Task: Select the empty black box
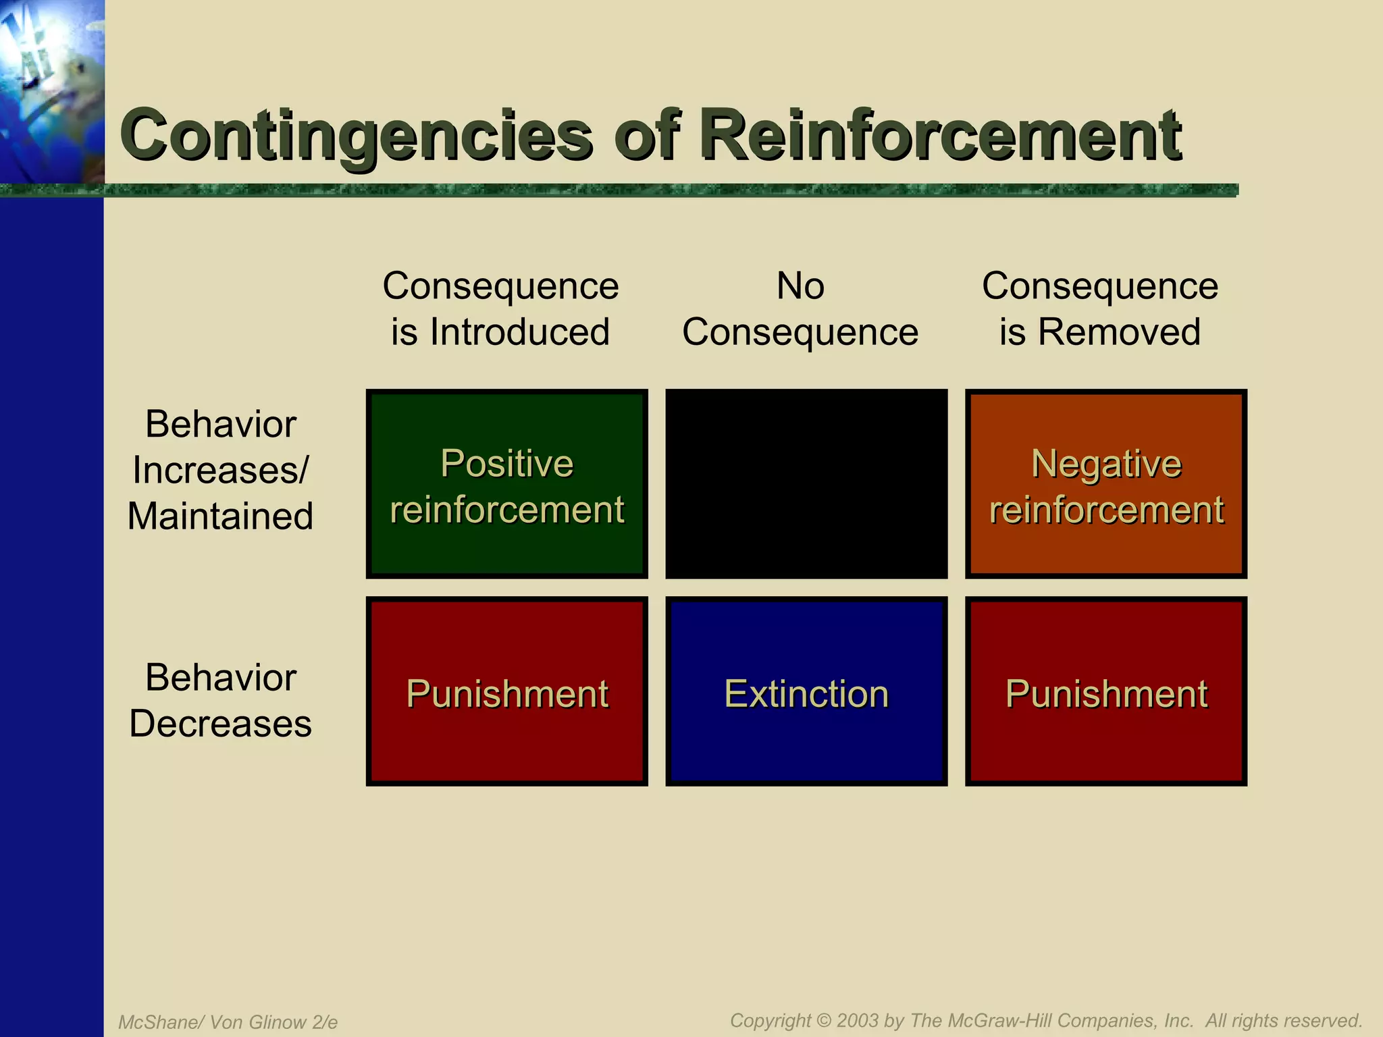[806, 483]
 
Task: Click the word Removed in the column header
[1119, 332]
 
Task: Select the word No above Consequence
[800, 286]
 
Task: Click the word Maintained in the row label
[220, 516]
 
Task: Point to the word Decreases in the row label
[220, 724]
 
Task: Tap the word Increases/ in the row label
[220, 470]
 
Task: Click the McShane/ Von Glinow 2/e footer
[228, 1022]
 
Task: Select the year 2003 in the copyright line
[858, 1020]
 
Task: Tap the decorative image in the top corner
[51, 91]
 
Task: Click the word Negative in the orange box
[1106, 464]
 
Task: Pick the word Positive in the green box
[506, 464]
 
